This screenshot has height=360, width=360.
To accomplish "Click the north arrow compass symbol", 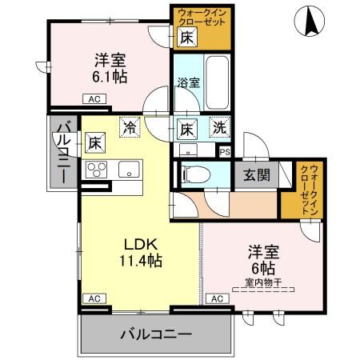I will tap(310, 22).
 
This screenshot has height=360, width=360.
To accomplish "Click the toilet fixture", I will tap(192, 174).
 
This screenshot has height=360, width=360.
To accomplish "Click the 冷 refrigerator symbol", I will tap(128, 126).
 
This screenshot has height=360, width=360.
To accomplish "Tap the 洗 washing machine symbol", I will tap(218, 126).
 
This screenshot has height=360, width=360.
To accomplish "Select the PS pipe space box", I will tap(224, 150).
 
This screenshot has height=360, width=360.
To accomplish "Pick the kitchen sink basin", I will tap(128, 170).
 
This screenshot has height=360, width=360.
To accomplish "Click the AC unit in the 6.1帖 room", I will tap(93, 100).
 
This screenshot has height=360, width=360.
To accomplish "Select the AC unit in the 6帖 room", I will tap(215, 298).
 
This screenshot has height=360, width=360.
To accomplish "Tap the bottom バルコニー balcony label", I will tap(157, 334).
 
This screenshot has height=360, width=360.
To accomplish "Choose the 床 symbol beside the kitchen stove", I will tap(95, 143).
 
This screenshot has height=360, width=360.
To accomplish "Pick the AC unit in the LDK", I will tap(93, 298).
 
